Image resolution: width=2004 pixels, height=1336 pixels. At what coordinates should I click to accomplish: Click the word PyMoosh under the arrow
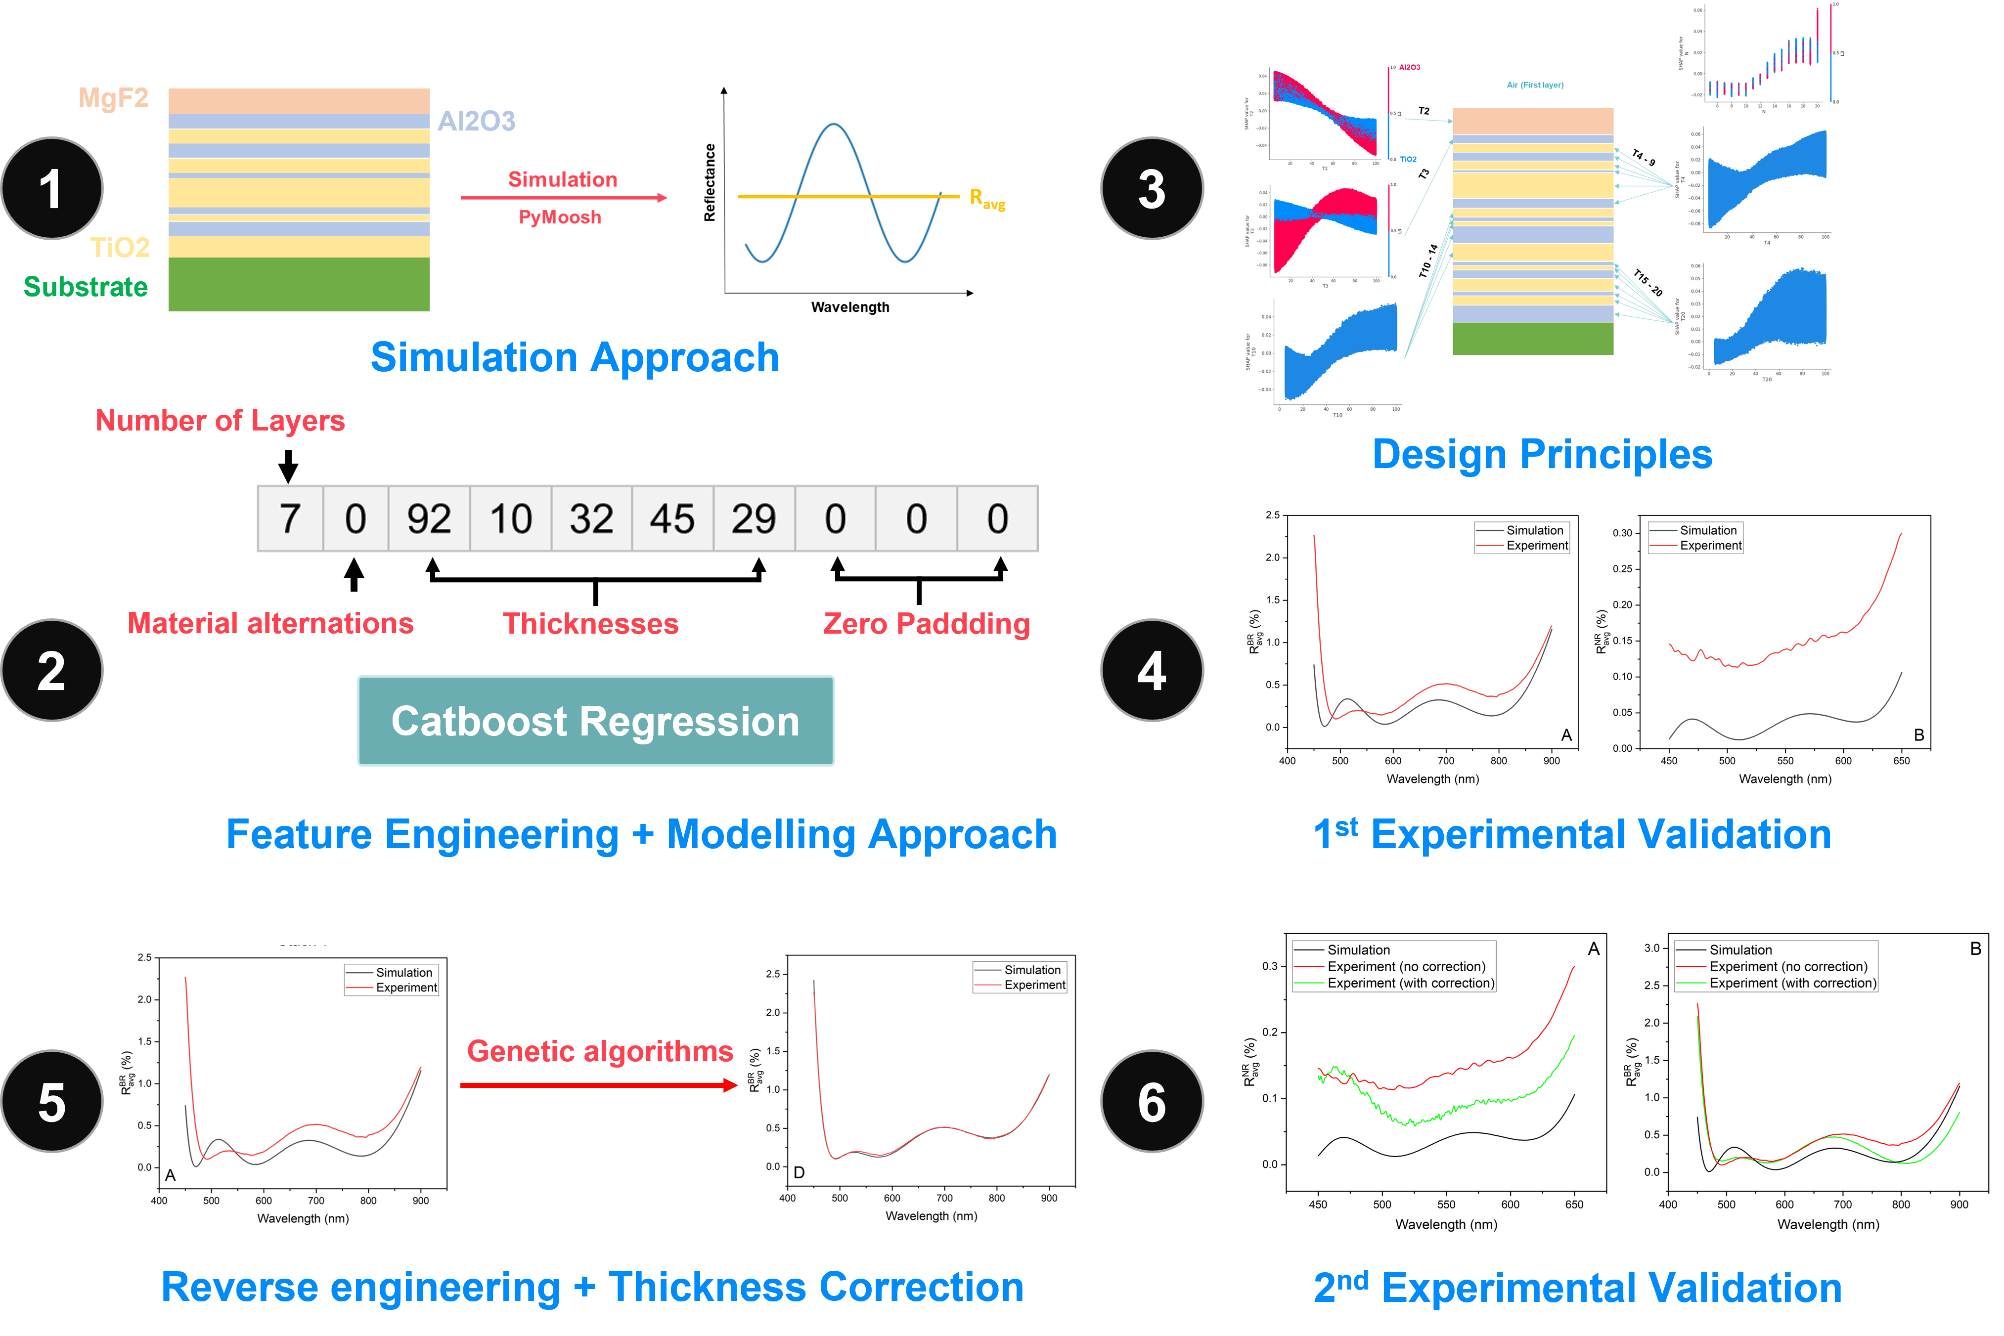coord(560,217)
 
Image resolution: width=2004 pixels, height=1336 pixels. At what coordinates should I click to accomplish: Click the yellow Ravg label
coord(987,199)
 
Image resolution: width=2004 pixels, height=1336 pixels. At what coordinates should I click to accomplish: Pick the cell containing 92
coord(429,519)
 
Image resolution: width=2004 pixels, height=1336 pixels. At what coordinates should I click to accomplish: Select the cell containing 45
coord(672,519)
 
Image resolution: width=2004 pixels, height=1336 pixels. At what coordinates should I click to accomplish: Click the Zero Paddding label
coord(927,624)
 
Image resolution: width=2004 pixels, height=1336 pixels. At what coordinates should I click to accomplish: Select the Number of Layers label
coord(220,421)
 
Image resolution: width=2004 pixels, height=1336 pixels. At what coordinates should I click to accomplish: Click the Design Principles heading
coord(1542,454)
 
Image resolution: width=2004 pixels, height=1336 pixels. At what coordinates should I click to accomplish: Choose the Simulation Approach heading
coord(575,357)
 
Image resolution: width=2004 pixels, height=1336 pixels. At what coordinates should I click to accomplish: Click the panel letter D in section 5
coord(799,1172)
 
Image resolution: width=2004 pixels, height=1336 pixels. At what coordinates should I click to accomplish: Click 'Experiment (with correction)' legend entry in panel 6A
coord(1411,983)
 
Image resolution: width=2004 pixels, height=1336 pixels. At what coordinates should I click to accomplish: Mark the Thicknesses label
coord(591,624)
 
